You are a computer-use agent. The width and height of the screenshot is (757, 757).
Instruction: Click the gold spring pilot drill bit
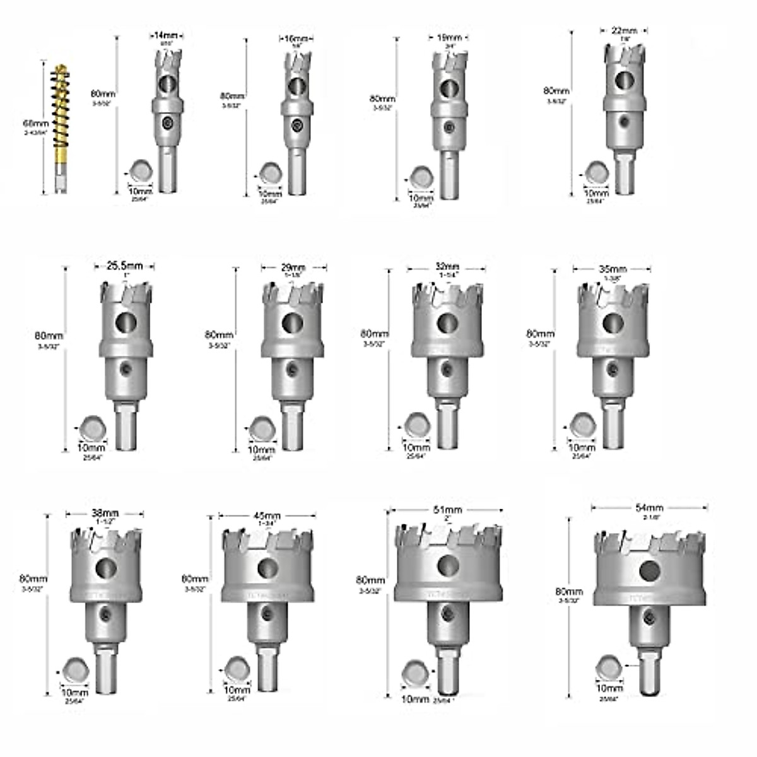pos(61,126)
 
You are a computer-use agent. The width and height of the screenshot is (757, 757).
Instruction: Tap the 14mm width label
pos(166,36)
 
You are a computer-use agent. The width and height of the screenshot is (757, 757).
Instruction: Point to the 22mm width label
pos(625,30)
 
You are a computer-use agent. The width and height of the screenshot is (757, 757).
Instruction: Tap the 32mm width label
pos(447,267)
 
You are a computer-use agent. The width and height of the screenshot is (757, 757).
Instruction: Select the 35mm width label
pos(612,269)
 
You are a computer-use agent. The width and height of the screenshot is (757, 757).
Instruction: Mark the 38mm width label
pos(105,513)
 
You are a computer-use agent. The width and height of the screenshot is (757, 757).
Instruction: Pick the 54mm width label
pos(649,508)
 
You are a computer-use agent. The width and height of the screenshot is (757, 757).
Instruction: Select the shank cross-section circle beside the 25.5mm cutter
pos(93,427)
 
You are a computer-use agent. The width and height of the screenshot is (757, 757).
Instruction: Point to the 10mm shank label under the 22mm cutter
pos(597,194)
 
